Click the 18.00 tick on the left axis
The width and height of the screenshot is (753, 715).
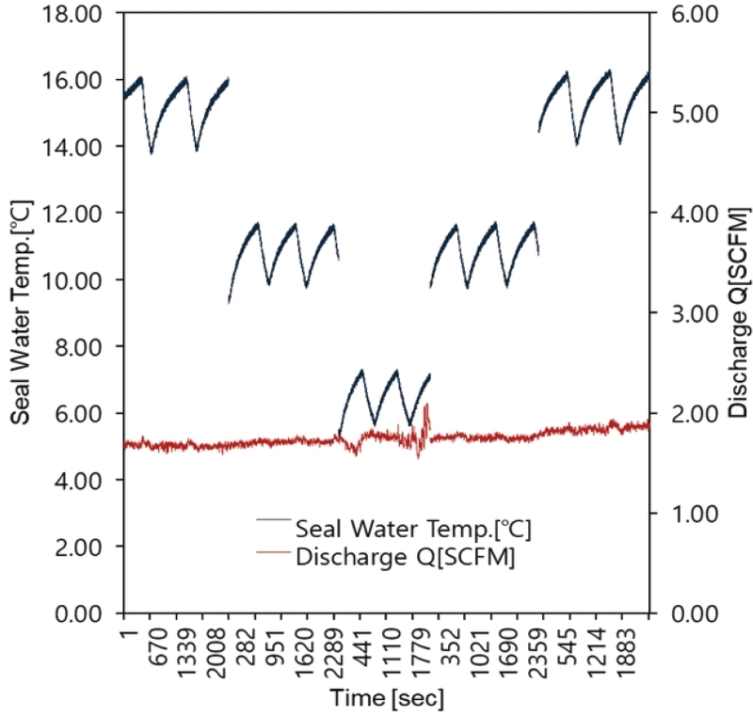tap(72, 13)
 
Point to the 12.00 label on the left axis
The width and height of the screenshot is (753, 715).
tap(72, 214)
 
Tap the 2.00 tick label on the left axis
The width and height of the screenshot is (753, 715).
tap(78, 547)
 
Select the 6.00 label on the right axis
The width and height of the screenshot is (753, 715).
tap(695, 13)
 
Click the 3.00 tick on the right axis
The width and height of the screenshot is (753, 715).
tap(695, 314)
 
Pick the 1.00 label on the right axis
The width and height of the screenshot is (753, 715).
tap(695, 514)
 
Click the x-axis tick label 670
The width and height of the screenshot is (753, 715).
tap(158, 647)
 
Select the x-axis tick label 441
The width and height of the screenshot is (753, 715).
tap(363, 647)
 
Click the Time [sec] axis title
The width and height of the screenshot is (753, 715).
tap(387, 698)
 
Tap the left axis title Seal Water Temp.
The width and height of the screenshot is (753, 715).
tap(20, 313)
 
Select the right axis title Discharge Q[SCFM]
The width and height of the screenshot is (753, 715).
tap(739, 313)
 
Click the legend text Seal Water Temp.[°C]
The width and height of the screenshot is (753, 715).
tap(413, 529)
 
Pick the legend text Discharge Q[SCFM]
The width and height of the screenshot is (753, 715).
tap(406, 557)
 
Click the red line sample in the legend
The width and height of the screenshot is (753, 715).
tap(274, 552)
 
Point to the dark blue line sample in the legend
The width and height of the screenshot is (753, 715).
tap(274, 519)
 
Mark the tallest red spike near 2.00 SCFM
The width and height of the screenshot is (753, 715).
tap(426, 405)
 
